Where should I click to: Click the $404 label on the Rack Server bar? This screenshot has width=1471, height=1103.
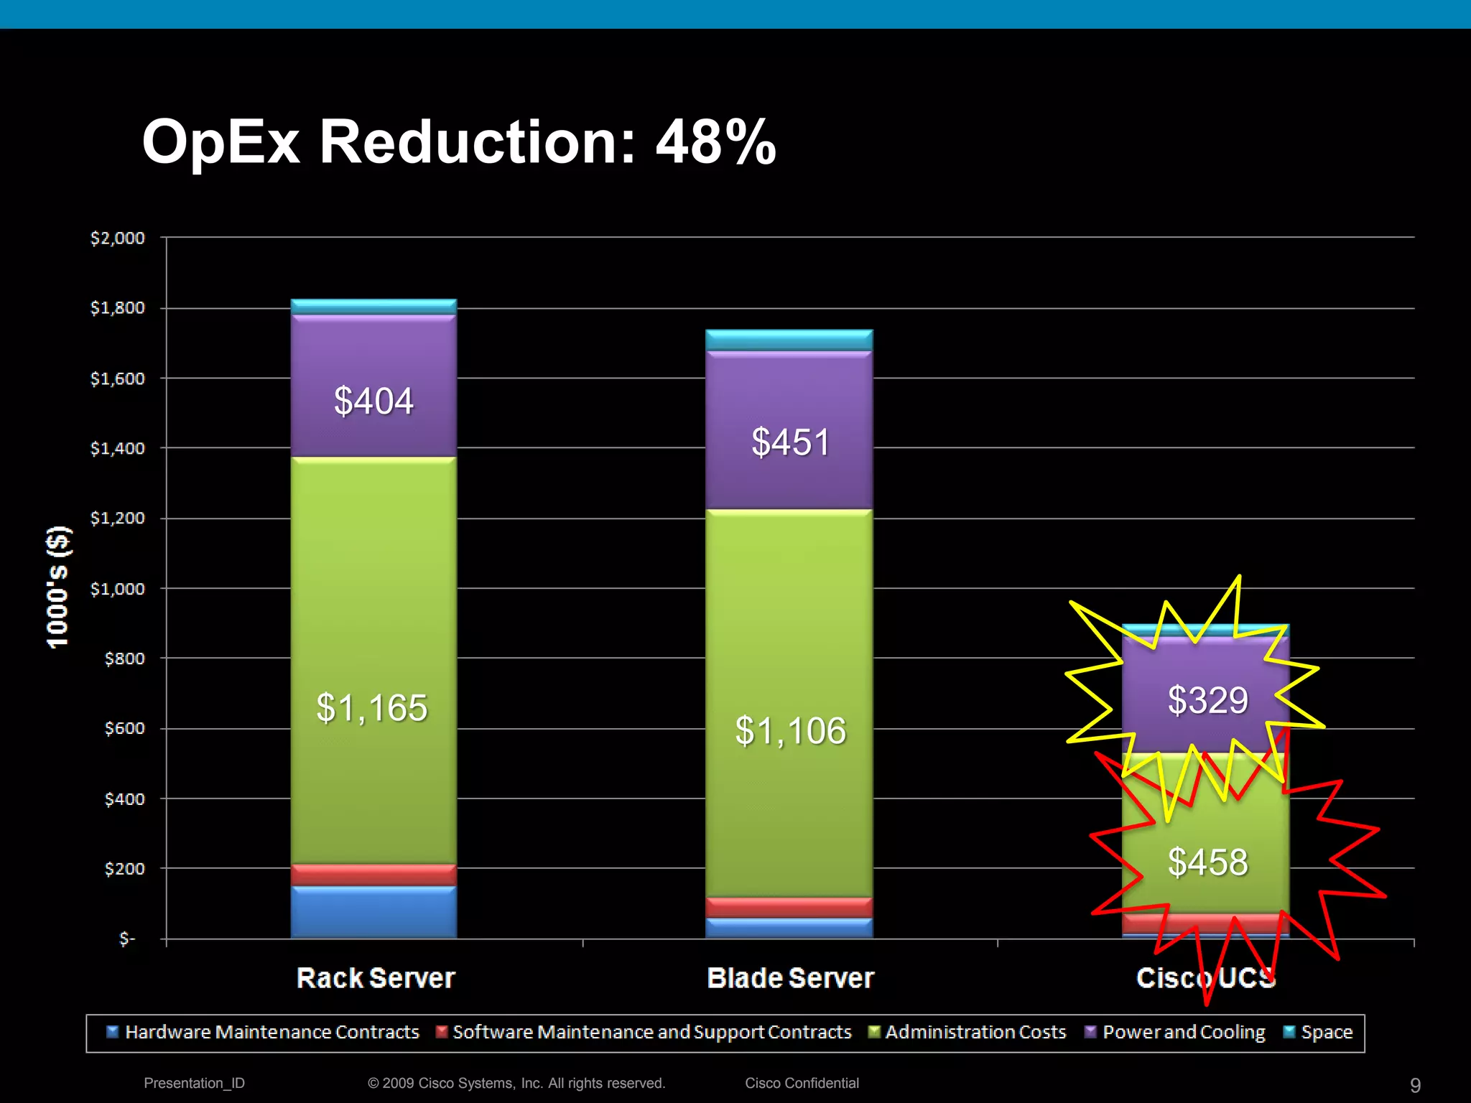tap(373, 401)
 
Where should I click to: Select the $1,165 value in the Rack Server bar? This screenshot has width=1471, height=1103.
tap(372, 708)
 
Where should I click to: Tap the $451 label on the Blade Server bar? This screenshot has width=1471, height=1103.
tap(790, 442)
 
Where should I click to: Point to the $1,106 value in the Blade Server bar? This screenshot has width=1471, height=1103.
tap(790, 731)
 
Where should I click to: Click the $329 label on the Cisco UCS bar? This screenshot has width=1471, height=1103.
tap(1207, 700)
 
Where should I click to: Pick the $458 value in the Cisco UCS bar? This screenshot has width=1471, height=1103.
tap(1207, 862)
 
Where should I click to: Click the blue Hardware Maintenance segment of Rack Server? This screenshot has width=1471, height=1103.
tap(373, 912)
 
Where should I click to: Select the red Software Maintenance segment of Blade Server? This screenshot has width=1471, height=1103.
tap(789, 907)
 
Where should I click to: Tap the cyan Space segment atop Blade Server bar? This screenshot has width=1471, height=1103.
tap(789, 340)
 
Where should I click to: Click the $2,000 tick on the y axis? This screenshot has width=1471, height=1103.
tap(117, 238)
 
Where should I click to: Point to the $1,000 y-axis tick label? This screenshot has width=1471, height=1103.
tap(117, 589)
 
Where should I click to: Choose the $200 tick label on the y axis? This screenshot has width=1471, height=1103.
tap(124, 869)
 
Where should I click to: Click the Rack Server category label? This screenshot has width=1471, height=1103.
tap(376, 978)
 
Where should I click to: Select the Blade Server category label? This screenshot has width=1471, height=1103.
tap(790, 978)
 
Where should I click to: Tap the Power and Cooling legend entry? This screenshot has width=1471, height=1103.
tap(1182, 1033)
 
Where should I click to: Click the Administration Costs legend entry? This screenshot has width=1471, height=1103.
tap(974, 1033)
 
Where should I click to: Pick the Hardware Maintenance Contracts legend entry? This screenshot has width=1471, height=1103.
tap(271, 1033)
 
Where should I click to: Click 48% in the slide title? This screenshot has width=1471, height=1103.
tap(715, 142)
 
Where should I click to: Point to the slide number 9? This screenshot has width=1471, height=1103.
tap(1415, 1085)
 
